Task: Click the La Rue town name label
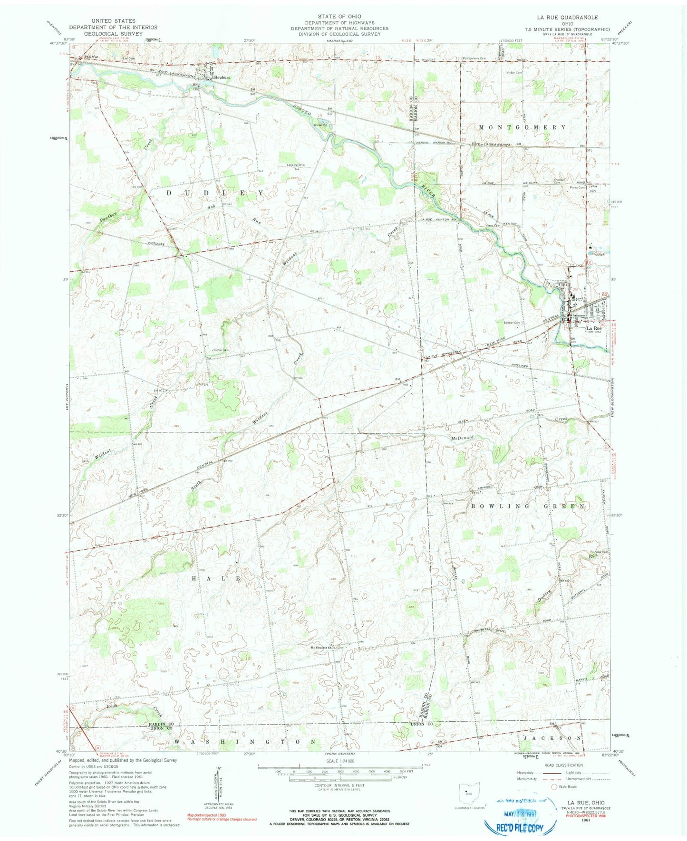point(594,328)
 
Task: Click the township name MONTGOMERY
point(523,127)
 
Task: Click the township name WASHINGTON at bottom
point(245,741)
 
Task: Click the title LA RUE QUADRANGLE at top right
point(565,17)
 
